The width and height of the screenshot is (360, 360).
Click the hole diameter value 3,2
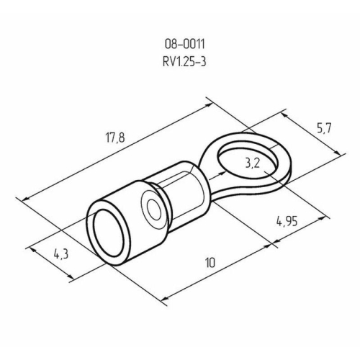pos(252,163)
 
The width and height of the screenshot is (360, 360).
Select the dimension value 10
pos(210,264)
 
